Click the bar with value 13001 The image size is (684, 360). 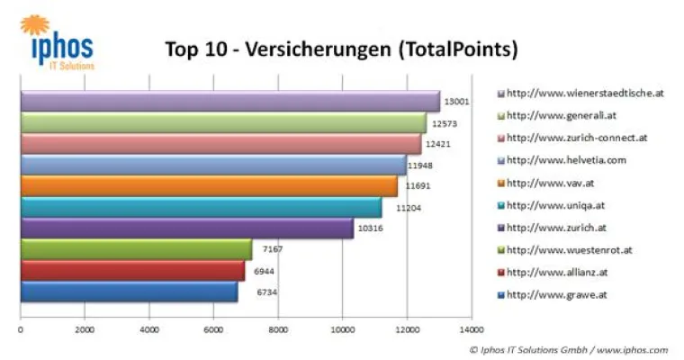pyautogui.click(x=229, y=102)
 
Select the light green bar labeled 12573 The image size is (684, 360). pyautogui.click(x=222, y=123)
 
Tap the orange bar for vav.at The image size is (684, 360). pyautogui.click(x=208, y=186)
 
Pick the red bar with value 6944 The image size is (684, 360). pyautogui.click(x=132, y=271)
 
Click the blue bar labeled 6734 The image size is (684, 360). pyautogui.click(x=129, y=292)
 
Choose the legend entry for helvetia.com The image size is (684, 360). pyautogui.click(x=567, y=160)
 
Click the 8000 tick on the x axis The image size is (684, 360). pyautogui.click(x=277, y=329)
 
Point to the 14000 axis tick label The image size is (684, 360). pyautogui.click(x=471, y=329)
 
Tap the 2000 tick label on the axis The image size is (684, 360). pyautogui.click(x=84, y=329)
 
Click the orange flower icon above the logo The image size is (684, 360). pyautogui.click(x=34, y=24)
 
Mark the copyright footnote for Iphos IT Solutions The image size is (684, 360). pyautogui.click(x=568, y=349)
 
